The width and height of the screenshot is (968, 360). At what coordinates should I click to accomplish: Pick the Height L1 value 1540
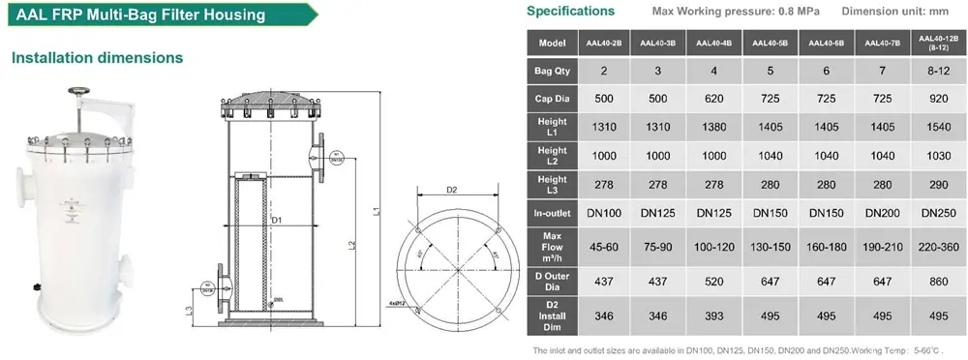(938, 127)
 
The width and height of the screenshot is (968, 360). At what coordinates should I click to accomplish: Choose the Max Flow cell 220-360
(938, 247)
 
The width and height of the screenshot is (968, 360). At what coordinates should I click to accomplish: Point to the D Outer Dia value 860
(938, 282)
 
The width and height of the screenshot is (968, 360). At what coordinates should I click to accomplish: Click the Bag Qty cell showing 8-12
(938, 71)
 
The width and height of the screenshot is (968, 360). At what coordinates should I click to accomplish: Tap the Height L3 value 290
(938, 183)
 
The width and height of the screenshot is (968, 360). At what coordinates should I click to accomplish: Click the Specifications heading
(570, 12)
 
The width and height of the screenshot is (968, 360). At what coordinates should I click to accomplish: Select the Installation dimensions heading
(98, 57)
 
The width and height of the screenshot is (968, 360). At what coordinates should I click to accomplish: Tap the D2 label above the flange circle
(451, 190)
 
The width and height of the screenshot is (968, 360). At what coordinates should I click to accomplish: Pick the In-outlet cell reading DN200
(882, 212)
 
